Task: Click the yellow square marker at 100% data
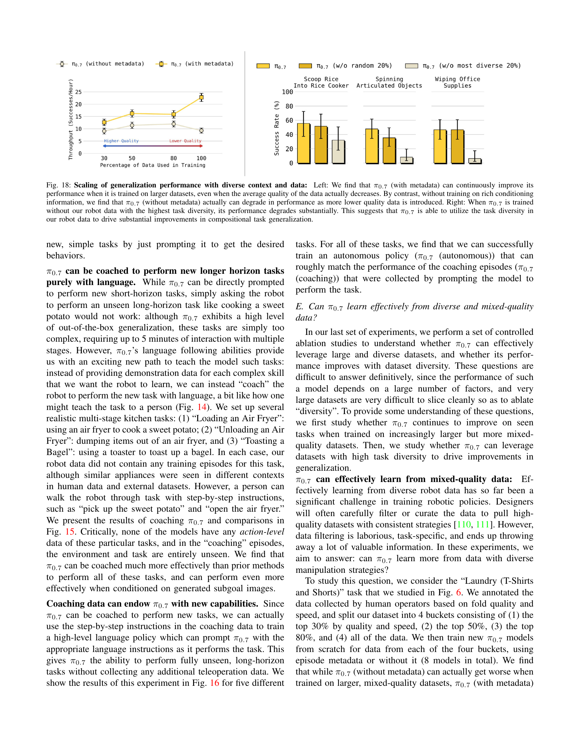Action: click(x=201, y=98)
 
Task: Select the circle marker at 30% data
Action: click(x=104, y=131)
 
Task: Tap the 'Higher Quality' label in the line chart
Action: click(x=121, y=141)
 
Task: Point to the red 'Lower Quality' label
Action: click(x=185, y=141)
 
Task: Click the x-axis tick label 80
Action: click(x=174, y=158)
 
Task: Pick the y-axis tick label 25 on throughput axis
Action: click(x=78, y=92)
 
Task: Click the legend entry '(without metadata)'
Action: click(x=107, y=64)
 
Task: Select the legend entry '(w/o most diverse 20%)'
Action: click(x=472, y=66)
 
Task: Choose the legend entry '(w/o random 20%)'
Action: click(x=353, y=66)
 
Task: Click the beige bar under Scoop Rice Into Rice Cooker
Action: click(x=338, y=152)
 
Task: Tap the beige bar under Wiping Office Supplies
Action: click(x=475, y=161)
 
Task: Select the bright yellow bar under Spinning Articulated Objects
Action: click(x=372, y=146)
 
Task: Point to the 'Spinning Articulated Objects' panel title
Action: click(x=389, y=83)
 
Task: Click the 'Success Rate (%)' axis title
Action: click(x=277, y=128)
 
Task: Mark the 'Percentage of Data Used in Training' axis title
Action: click(x=153, y=166)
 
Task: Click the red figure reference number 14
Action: click(x=202, y=407)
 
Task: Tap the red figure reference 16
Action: click(x=214, y=683)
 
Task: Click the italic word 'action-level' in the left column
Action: click(x=262, y=532)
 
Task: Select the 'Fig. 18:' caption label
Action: click(x=59, y=185)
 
